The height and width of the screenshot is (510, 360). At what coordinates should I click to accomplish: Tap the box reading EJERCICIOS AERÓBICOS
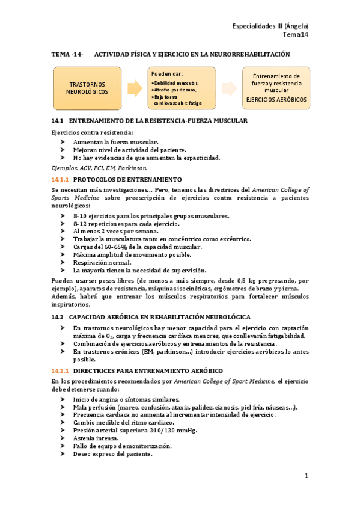(276, 88)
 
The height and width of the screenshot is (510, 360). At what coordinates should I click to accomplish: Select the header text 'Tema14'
(297, 35)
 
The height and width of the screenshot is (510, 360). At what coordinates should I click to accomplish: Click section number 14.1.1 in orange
(61, 180)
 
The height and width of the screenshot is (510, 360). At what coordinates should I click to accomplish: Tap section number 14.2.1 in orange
(61, 371)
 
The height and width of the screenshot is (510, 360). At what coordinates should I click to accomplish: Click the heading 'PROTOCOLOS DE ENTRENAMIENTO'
(127, 180)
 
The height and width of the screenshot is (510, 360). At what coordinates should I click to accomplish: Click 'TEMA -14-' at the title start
(67, 54)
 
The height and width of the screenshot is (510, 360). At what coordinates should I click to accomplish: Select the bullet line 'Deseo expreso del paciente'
(112, 454)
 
